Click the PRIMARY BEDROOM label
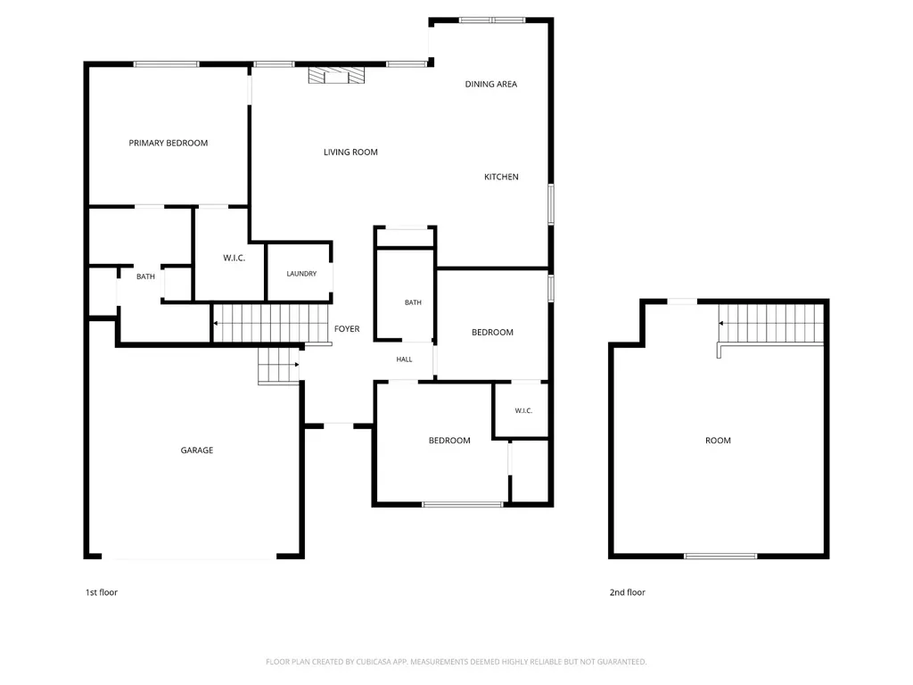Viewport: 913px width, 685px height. [169, 143]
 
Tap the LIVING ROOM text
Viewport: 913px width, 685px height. [350, 152]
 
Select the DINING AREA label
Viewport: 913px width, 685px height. [491, 84]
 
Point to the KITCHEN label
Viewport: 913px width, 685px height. [501, 177]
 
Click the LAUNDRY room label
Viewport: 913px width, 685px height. [301, 273]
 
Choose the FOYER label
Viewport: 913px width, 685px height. [347, 328]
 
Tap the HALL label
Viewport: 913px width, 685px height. [404, 359]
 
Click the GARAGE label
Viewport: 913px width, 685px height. [197, 450]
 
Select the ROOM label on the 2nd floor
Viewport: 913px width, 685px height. [718, 441]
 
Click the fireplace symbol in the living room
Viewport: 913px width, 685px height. [336, 75]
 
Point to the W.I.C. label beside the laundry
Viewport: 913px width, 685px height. [234, 258]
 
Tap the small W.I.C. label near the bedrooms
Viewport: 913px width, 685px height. [523, 410]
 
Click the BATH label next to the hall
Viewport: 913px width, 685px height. [413, 302]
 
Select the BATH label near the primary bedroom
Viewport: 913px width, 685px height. [145, 276]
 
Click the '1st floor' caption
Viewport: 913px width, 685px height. [102, 592]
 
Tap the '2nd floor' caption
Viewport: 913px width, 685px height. [627, 592]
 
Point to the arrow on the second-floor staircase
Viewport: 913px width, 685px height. [721, 323]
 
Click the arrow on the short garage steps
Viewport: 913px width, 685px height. [296, 365]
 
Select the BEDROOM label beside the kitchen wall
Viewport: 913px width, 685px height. [492, 332]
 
